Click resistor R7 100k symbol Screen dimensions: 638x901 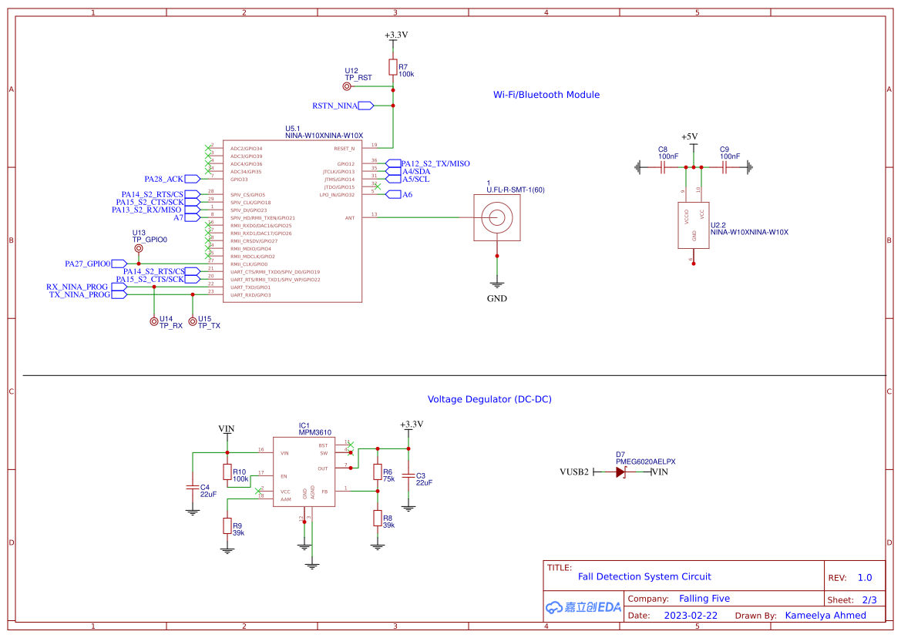[393, 68]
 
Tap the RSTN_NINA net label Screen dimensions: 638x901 [335, 106]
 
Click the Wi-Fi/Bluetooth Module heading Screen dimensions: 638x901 [546, 95]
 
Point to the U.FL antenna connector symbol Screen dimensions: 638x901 [496, 217]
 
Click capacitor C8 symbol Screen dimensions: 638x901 [663, 166]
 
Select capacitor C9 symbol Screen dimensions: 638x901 [724, 166]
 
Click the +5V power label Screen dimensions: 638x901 [689, 136]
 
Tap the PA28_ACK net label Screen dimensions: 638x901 [164, 179]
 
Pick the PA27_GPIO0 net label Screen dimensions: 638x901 [88, 264]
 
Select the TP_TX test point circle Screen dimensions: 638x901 [193, 321]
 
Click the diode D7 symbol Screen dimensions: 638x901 [621, 472]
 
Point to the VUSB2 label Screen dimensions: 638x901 [574, 472]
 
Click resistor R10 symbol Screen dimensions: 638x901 [227, 472]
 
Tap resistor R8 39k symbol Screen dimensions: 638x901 [377, 519]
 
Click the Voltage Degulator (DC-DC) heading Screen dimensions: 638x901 [489, 399]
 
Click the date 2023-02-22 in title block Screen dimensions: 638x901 [691, 616]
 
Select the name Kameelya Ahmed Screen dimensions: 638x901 [825, 616]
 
